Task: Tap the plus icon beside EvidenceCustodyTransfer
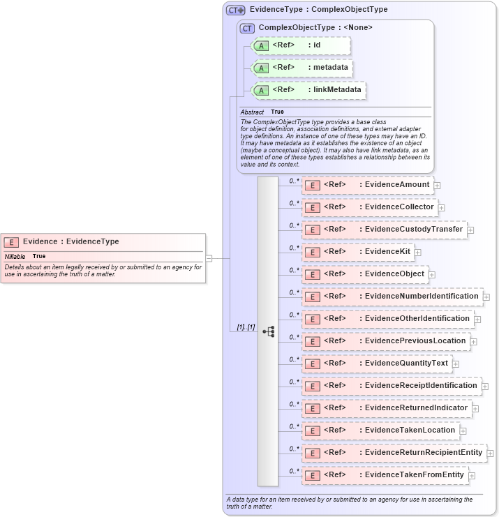(470, 230)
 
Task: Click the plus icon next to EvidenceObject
(432, 274)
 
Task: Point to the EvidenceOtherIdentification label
(417, 319)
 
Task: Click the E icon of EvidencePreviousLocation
(313, 341)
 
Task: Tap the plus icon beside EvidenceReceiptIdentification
(485, 386)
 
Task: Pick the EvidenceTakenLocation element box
(380, 430)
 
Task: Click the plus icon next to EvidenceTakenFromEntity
(472, 475)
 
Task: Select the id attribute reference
(300, 45)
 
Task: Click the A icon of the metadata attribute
(260, 68)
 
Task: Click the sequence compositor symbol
(268, 331)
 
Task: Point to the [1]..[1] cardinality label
(245, 327)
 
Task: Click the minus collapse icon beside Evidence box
(209, 258)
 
